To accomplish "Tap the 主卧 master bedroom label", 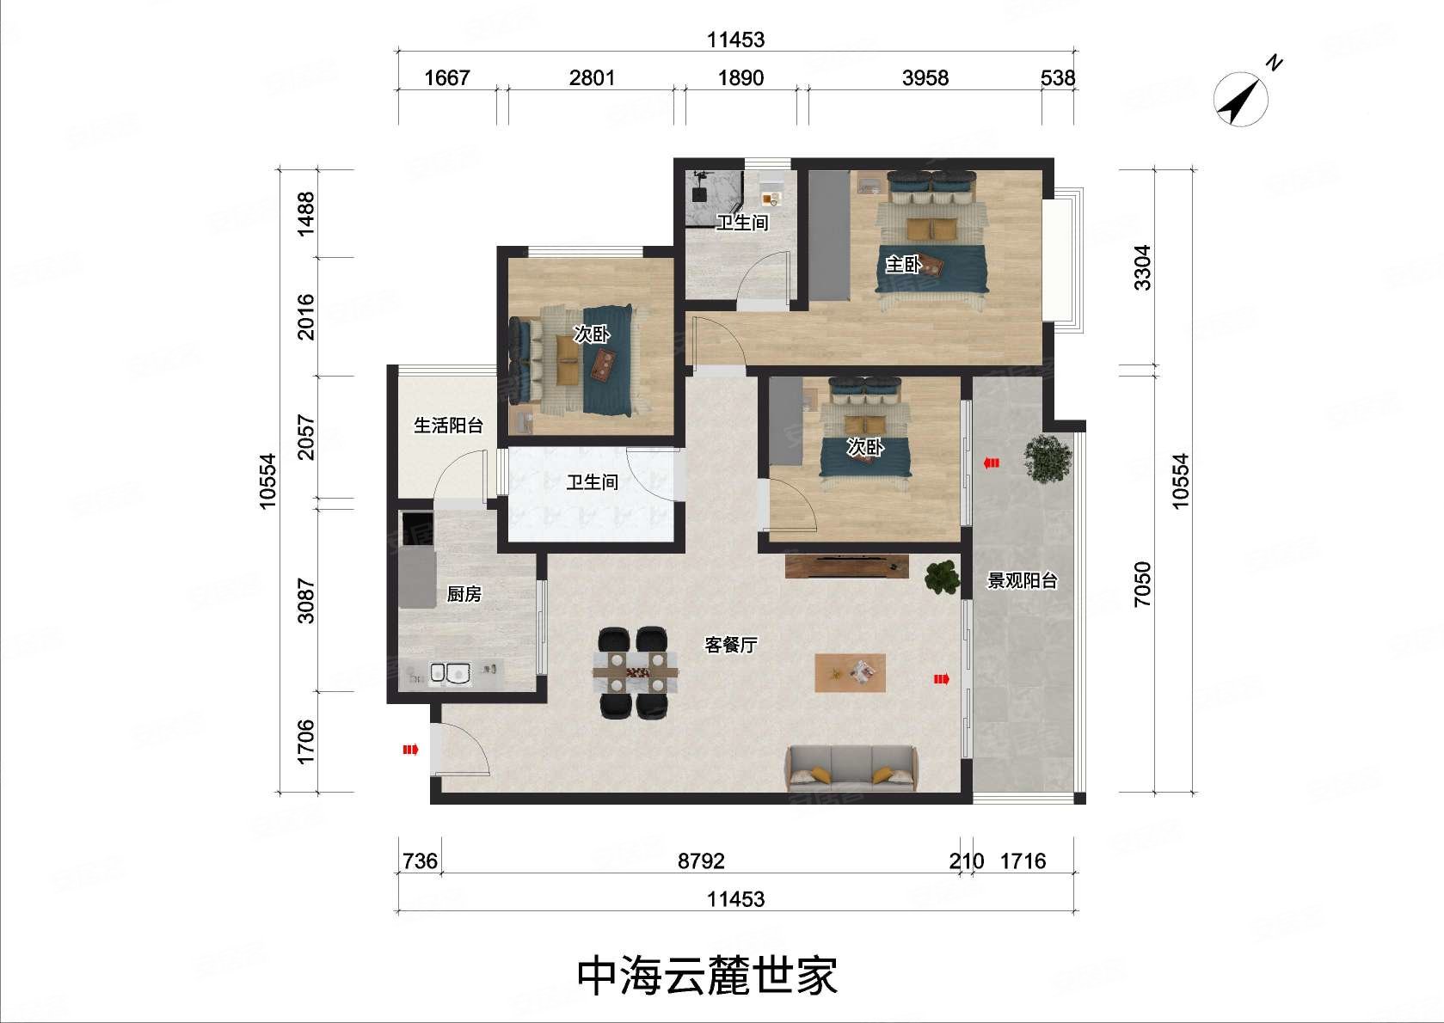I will (903, 265).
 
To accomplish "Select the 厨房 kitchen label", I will (464, 594).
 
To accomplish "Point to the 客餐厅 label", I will (730, 645).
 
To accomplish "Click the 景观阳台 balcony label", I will (1021, 581).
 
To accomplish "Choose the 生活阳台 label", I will (448, 425).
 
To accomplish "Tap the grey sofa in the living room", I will (851, 768).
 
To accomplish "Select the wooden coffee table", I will (850, 673).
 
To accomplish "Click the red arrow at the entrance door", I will (410, 750).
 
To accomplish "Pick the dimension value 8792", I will (701, 861).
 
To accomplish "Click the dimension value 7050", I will (1142, 585).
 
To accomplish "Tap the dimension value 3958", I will (925, 78).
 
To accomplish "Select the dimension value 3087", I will (305, 601).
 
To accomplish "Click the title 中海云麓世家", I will (707, 976).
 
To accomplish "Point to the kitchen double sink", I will (450, 675).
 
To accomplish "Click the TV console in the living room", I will (846, 566).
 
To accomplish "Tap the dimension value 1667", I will (447, 78).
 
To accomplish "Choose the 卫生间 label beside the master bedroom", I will (741, 223).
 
